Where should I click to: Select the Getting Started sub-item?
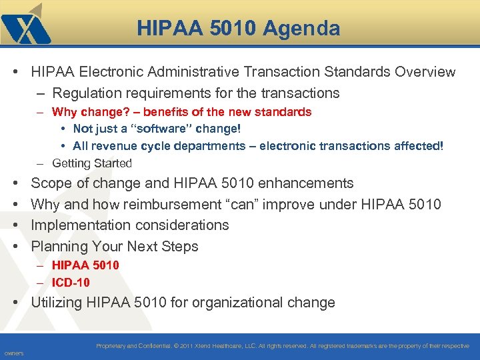click(92, 163)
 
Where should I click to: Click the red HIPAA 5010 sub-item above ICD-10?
click(85, 265)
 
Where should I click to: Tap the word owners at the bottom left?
click(13, 353)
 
